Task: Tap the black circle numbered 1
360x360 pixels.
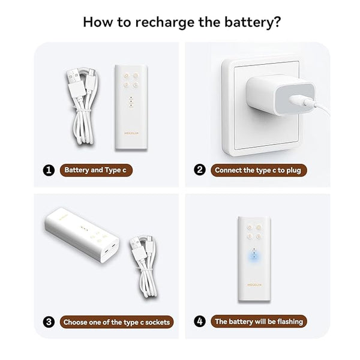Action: (x=49, y=170)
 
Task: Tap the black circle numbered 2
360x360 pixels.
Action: (x=200, y=170)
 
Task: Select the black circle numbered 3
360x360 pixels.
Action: (x=49, y=322)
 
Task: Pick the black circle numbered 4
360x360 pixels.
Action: (x=200, y=321)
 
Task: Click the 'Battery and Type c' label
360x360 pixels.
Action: (x=96, y=170)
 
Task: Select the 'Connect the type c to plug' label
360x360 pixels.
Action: (x=259, y=170)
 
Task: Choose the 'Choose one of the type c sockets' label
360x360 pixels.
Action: (x=116, y=322)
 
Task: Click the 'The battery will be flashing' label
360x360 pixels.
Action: (x=259, y=322)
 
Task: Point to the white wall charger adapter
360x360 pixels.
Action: (x=281, y=94)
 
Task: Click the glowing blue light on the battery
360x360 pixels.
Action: (x=254, y=257)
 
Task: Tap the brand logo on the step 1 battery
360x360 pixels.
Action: (x=131, y=133)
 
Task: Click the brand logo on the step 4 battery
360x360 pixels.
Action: (x=254, y=284)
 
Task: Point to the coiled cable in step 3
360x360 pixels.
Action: (x=144, y=266)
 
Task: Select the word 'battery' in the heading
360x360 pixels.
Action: (x=248, y=23)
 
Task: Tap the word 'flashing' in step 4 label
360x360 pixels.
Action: (x=290, y=322)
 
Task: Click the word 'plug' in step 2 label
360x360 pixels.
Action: (x=293, y=171)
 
